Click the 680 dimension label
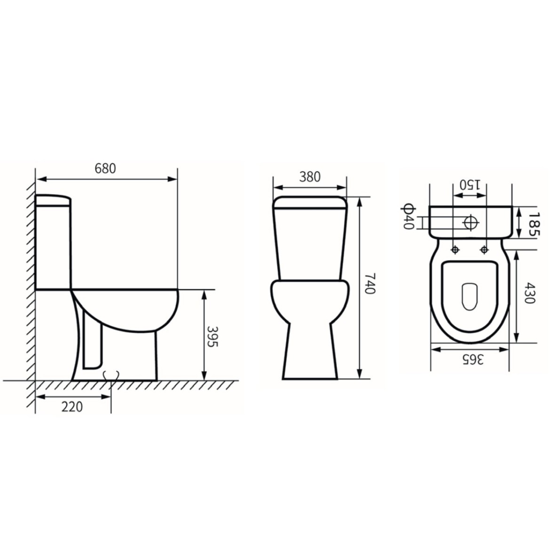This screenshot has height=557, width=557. point(105,168)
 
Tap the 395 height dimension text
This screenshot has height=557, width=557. point(212,336)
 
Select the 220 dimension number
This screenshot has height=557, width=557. point(72,407)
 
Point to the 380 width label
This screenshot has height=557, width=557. point(310,176)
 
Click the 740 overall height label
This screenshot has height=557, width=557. point(370,284)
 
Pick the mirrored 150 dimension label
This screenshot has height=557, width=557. point(469,185)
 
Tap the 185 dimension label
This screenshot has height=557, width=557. point(533,224)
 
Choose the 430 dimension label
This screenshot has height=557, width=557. point(529,293)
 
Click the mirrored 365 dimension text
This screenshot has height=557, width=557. point(473,359)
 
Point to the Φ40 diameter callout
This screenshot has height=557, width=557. point(408,217)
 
